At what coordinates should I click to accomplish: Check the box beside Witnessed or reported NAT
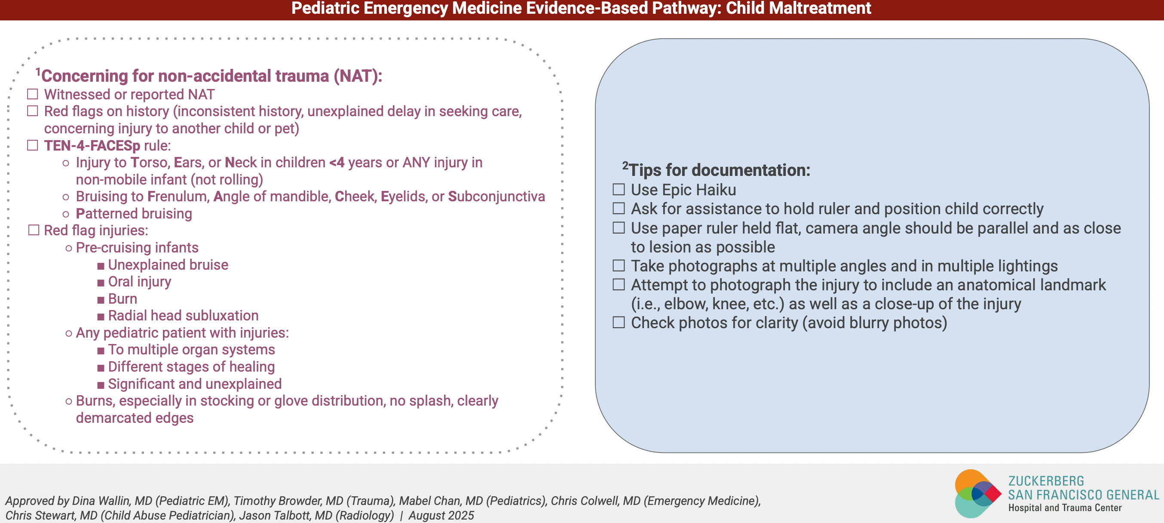click(x=33, y=94)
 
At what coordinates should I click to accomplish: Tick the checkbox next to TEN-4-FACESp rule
click(x=33, y=145)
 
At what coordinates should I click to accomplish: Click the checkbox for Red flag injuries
click(x=34, y=230)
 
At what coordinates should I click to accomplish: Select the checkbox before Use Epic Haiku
click(x=619, y=189)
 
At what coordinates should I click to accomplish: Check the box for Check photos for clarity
click(x=619, y=322)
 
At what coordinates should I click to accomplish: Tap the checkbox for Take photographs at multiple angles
click(x=619, y=265)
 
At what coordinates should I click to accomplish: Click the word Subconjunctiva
click(x=496, y=197)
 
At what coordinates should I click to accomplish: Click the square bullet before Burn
click(x=101, y=300)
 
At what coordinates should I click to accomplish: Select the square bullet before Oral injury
click(x=101, y=283)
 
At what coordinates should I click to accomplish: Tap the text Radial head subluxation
click(x=183, y=316)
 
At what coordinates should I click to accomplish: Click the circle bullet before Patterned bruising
click(x=66, y=214)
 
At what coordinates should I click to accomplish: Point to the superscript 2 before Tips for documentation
click(x=625, y=165)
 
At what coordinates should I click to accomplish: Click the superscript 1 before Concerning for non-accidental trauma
click(x=38, y=71)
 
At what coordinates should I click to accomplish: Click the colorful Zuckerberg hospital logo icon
click(x=977, y=493)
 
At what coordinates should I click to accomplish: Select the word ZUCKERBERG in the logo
click(x=1046, y=480)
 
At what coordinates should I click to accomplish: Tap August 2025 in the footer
click(x=441, y=515)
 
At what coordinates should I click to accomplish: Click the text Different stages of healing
click(x=191, y=366)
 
